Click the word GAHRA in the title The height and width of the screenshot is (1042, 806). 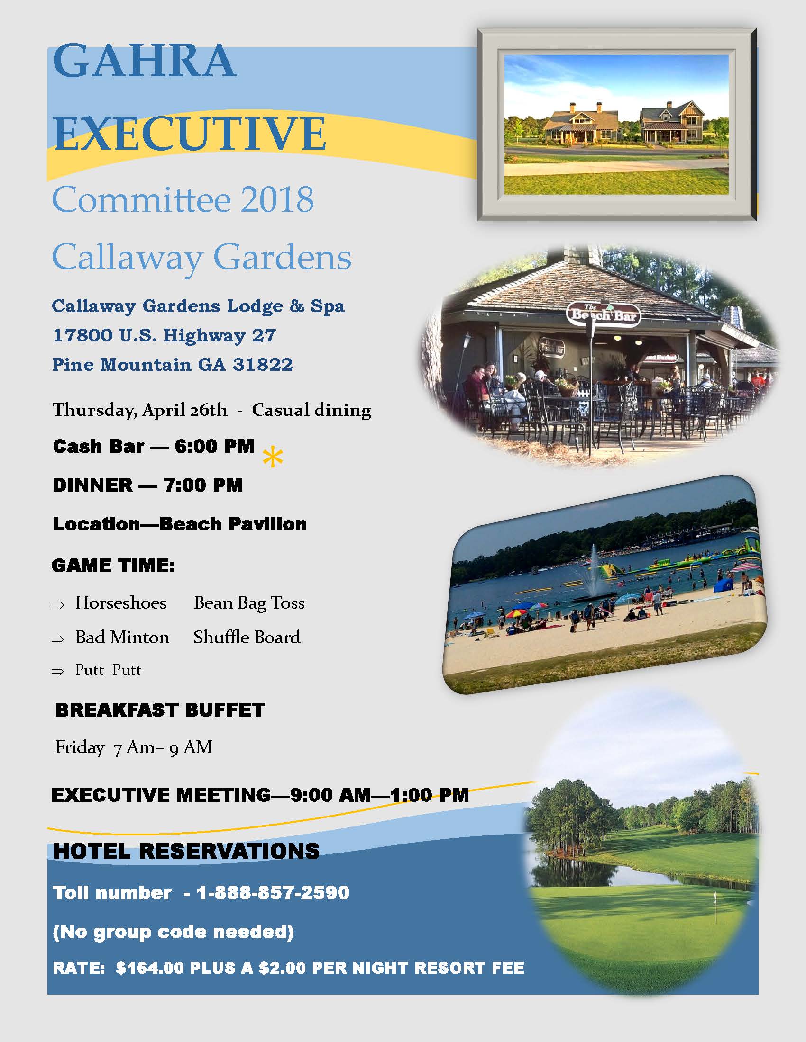click(144, 61)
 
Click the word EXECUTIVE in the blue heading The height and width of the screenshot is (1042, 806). click(190, 133)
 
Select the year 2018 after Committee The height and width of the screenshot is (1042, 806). click(277, 199)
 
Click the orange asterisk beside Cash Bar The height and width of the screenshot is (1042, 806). click(273, 457)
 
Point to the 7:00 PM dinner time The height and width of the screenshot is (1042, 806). click(203, 485)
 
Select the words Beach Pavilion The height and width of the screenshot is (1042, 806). click(233, 524)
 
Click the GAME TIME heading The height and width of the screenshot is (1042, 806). click(113, 566)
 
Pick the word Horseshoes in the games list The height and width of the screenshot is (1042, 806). click(121, 603)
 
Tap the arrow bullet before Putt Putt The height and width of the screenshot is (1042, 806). click(58, 671)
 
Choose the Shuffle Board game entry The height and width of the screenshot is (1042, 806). click(247, 638)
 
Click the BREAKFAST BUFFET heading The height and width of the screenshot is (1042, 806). click(160, 710)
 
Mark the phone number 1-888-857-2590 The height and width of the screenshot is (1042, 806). click(273, 893)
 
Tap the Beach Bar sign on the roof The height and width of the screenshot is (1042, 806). click(603, 314)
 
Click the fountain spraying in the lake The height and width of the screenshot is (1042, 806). click(594, 572)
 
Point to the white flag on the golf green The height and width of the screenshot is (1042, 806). click(715, 898)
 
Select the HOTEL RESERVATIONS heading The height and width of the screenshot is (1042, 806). click(186, 851)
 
